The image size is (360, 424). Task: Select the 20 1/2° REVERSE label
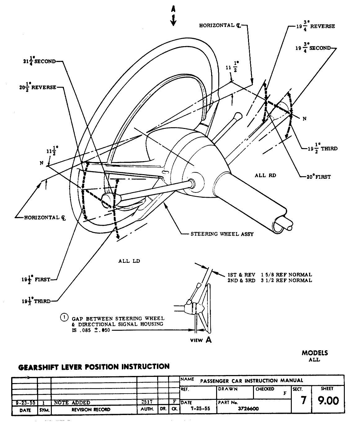38,87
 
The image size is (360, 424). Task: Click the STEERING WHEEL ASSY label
222,234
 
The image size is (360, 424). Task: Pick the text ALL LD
129,261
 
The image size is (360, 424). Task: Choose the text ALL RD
265,175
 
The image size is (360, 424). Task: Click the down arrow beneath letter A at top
173,20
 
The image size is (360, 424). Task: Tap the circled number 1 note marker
64,317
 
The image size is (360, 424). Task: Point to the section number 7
303,400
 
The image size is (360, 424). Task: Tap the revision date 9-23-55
25,403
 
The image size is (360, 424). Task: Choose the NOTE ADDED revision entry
72,403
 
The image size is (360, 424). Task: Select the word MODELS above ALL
314,353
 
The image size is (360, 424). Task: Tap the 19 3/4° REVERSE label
315,26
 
